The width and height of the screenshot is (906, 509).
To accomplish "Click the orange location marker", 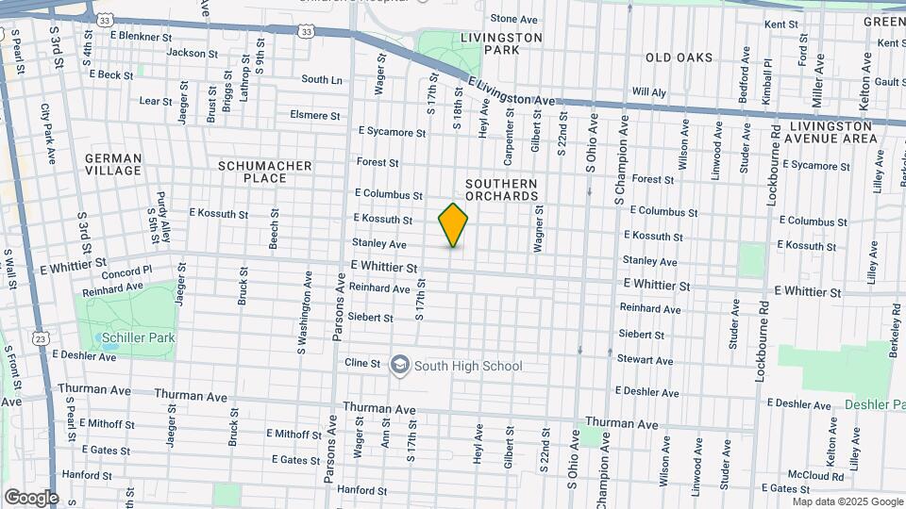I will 453,225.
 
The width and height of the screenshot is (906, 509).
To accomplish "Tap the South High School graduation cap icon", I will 399,365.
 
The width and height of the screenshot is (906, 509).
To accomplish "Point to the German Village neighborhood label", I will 113,164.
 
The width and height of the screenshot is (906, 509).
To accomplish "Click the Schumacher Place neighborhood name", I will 265,172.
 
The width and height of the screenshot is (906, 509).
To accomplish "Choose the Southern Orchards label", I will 501,189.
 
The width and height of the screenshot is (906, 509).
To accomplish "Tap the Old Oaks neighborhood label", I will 679,58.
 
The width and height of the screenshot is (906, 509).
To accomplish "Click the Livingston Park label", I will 501,43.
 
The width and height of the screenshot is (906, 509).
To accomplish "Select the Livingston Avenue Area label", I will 832,132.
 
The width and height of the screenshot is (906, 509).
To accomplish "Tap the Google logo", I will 30,497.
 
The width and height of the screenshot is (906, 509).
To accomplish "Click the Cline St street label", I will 361,363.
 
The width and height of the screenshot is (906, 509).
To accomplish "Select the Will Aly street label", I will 648,92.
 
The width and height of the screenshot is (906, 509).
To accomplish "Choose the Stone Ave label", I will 513,19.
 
